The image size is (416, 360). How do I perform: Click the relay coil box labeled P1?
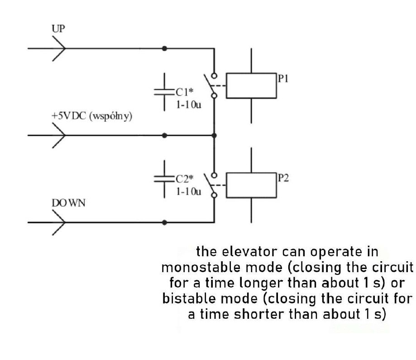coord(251,85)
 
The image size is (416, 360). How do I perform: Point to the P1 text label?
coord(282,78)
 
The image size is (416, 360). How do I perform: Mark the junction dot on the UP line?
coord(164,48)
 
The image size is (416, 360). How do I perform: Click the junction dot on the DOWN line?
coord(164,222)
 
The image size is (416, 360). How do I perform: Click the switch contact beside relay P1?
coord(212,85)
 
